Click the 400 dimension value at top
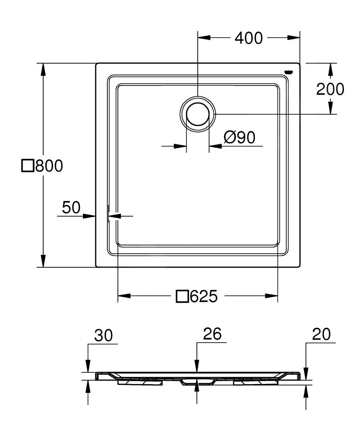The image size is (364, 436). [x=249, y=38]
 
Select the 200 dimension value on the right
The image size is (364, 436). [x=330, y=89]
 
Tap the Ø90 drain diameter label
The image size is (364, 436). [x=239, y=138]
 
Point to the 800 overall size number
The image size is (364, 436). [x=49, y=166]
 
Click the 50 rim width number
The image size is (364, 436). [x=71, y=208]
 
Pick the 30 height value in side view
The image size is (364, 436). [x=103, y=335]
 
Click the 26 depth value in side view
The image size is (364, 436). [x=213, y=334]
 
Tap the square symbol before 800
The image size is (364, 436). [x=28, y=166]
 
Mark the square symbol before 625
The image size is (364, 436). [x=182, y=297]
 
